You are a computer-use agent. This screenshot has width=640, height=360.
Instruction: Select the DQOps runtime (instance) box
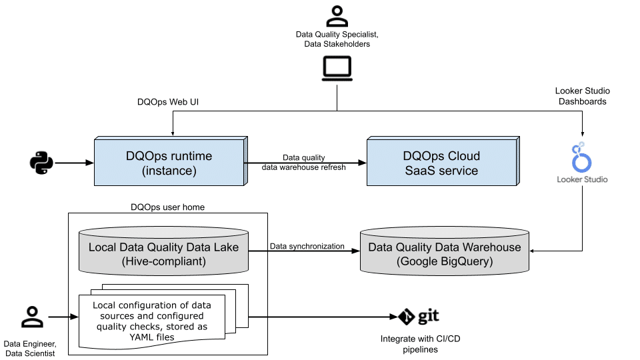pyautogui.click(x=169, y=163)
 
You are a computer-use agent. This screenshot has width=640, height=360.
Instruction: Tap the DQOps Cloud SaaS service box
pyautogui.click(x=441, y=163)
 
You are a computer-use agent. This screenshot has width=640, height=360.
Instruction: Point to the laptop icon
pyautogui.click(x=337, y=68)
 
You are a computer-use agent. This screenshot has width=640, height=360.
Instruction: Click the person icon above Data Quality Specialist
pyautogui.click(x=337, y=16)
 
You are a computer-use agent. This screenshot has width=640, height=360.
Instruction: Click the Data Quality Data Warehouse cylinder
pyautogui.click(x=445, y=253)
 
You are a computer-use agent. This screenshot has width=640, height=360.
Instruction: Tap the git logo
pyautogui.click(x=419, y=316)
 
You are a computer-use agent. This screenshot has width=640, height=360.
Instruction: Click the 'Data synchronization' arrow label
pyautogui.click(x=307, y=246)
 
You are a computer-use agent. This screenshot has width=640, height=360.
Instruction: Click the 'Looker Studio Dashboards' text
pyautogui.click(x=583, y=96)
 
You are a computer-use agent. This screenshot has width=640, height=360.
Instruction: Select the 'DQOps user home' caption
pyautogui.click(x=168, y=207)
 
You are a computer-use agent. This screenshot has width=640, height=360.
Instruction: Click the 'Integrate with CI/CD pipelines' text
pyautogui.click(x=420, y=344)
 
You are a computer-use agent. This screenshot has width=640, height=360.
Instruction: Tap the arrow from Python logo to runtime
pyautogui.click(x=74, y=162)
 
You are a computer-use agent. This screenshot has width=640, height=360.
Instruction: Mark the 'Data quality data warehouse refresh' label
pyautogui.click(x=304, y=163)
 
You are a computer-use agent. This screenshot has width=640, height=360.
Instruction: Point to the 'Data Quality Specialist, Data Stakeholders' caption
pyautogui.click(x=337, y=39)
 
